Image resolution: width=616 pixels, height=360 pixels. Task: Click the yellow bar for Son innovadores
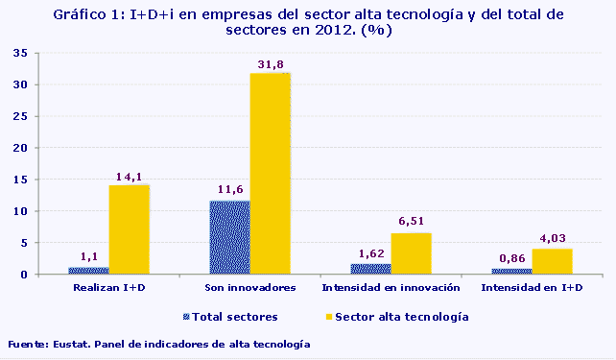270,174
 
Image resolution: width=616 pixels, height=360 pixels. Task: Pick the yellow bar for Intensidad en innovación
411,253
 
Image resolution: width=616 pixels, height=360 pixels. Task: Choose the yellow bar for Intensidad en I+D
552,261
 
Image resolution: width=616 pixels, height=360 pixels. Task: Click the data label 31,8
270,64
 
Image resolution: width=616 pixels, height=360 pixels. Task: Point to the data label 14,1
129,176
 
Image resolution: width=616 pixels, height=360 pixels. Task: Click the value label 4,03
554,239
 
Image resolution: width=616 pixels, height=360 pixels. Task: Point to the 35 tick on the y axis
33,53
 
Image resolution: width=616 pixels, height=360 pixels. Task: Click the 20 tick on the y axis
33,148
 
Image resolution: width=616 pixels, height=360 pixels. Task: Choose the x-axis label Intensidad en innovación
391,287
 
